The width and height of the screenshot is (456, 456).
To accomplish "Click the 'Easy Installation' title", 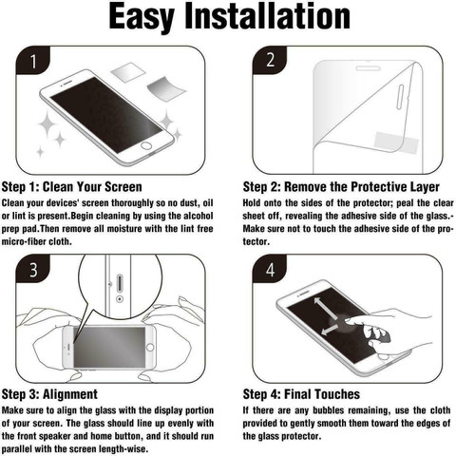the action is (230, 16).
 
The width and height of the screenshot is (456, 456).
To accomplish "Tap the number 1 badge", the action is (33, 60).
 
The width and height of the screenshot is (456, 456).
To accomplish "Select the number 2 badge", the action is (270, 60).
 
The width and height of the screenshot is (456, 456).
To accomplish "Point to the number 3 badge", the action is (33, 269).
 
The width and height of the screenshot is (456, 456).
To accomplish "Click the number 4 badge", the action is (270, 269).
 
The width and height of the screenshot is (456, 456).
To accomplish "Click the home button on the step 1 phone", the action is (146, 146).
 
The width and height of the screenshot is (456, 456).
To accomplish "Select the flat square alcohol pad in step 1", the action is (128, 72).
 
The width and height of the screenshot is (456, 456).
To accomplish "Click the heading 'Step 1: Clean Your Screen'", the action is (72, 187).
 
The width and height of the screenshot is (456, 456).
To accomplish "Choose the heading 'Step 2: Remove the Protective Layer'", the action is (341, 187).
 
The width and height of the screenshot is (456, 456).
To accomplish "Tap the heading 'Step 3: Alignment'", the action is (49, 394).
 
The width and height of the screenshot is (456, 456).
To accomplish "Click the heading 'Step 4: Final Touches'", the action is (301, 394).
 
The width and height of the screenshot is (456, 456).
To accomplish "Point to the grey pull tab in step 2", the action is (396, 142).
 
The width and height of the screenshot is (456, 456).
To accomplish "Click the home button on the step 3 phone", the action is (150, 347).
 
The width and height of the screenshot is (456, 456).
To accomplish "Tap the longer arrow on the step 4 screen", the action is (326, 309).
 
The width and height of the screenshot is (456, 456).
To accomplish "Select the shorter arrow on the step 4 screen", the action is (330, 330).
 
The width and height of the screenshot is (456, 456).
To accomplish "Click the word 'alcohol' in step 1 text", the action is (199, 216).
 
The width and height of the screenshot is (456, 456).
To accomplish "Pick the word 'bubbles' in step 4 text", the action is (328, 410).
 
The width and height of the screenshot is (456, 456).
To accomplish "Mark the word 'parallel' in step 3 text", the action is (17, 449).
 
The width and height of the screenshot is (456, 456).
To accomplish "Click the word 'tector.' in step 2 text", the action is (256, 242).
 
